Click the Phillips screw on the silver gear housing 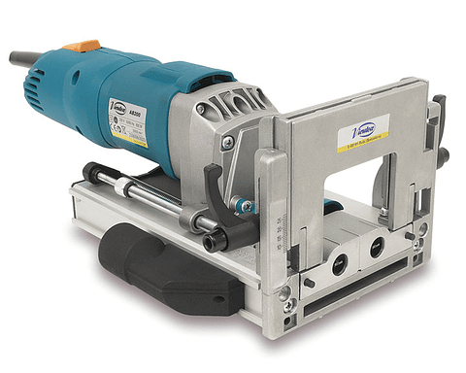click(x=226, y=142)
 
